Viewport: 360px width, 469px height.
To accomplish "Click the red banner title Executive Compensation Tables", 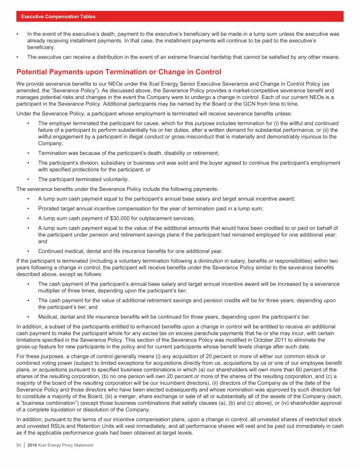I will point(59,16).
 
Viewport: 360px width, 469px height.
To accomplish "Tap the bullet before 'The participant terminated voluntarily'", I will point(29,179).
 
